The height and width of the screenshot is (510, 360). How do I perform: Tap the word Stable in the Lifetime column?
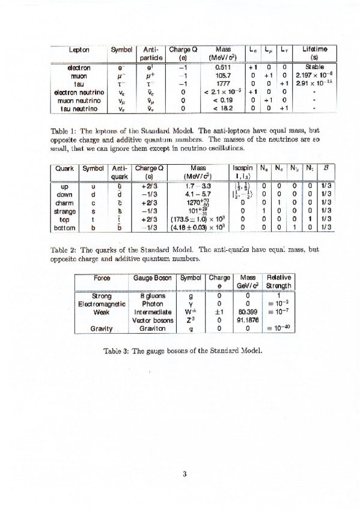[314, 67]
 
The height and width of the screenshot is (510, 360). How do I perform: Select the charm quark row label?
[64, 203]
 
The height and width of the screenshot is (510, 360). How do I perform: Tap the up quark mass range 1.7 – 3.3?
[197, 186]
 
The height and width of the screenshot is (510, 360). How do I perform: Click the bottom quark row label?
[64, 228]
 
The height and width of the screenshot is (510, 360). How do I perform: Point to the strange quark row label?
[64, 211]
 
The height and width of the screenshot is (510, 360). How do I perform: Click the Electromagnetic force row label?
[102, 304]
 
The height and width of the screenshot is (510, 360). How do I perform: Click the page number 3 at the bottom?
[186, 473]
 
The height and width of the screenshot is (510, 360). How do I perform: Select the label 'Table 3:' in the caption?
[115, 351]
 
